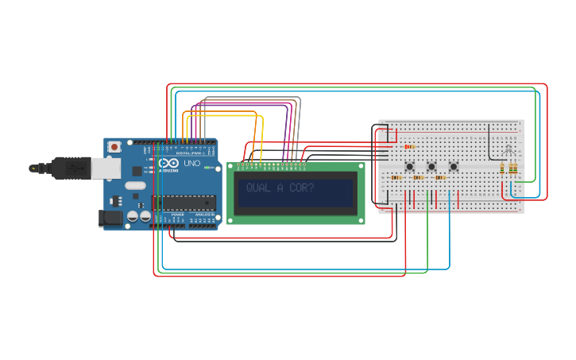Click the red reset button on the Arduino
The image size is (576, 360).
point(115,147)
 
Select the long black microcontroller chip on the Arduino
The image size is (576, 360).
point(184,203)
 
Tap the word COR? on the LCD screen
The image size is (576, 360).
point(300,188)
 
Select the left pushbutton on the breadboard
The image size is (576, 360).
point(410,166)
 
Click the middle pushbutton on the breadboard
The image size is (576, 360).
point(431,166)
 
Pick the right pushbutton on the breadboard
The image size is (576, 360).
point(454,166)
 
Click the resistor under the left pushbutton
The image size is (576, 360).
point(396,178)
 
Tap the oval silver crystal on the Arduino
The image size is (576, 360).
point(134,186)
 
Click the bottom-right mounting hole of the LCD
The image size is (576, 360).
point(361,220)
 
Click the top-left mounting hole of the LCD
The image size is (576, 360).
point(231,167)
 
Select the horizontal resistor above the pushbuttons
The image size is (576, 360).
point(409,146)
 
